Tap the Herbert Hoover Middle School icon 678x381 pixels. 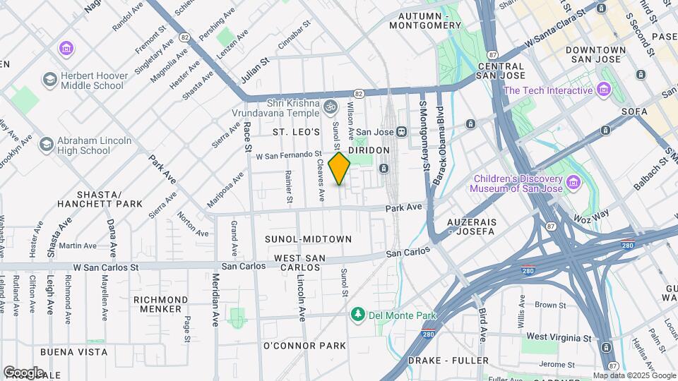(50, 80)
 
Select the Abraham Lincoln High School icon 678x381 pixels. (46, 145)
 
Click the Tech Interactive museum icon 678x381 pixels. (603, 90)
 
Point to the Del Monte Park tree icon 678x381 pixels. (359, 315)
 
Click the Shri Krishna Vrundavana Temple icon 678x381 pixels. (330, 107)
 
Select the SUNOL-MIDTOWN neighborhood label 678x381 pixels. (308, 239)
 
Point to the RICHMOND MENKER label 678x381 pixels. (161, 304)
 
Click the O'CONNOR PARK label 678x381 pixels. (304, 346)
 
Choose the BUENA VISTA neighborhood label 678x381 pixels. (74, 351)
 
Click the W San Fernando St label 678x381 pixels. (288, 155)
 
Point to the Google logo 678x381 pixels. (23, 373)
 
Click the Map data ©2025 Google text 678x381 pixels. (634, 375)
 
